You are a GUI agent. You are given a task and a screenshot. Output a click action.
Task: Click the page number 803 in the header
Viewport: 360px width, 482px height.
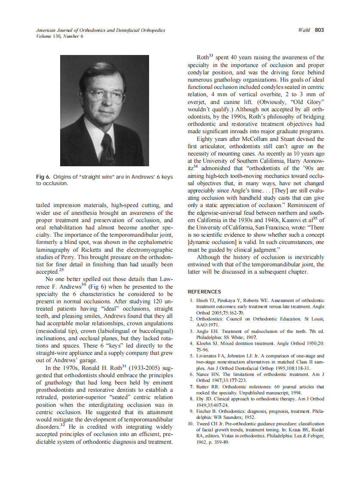[319, 30]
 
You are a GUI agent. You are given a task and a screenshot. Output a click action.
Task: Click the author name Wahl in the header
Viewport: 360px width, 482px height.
[304, 30]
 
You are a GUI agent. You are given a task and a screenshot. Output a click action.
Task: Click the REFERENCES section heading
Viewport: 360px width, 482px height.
[204, 292]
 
